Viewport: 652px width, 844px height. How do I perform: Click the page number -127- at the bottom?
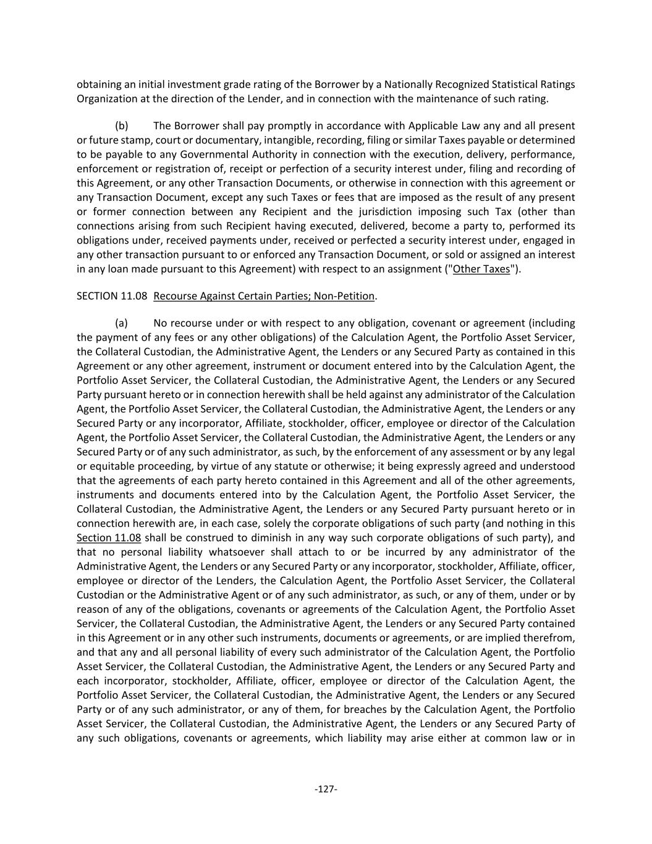[x=326, y=789]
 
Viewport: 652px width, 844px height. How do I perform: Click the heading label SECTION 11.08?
[x=112, y=296]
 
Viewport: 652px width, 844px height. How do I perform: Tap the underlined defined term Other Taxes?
[x=481, y=269]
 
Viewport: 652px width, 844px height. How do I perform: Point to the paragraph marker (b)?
[x=121, y=126]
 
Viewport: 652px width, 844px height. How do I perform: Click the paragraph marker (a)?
[x=121, y=323]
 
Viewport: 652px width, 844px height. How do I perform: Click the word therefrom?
[x=551, y=638]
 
